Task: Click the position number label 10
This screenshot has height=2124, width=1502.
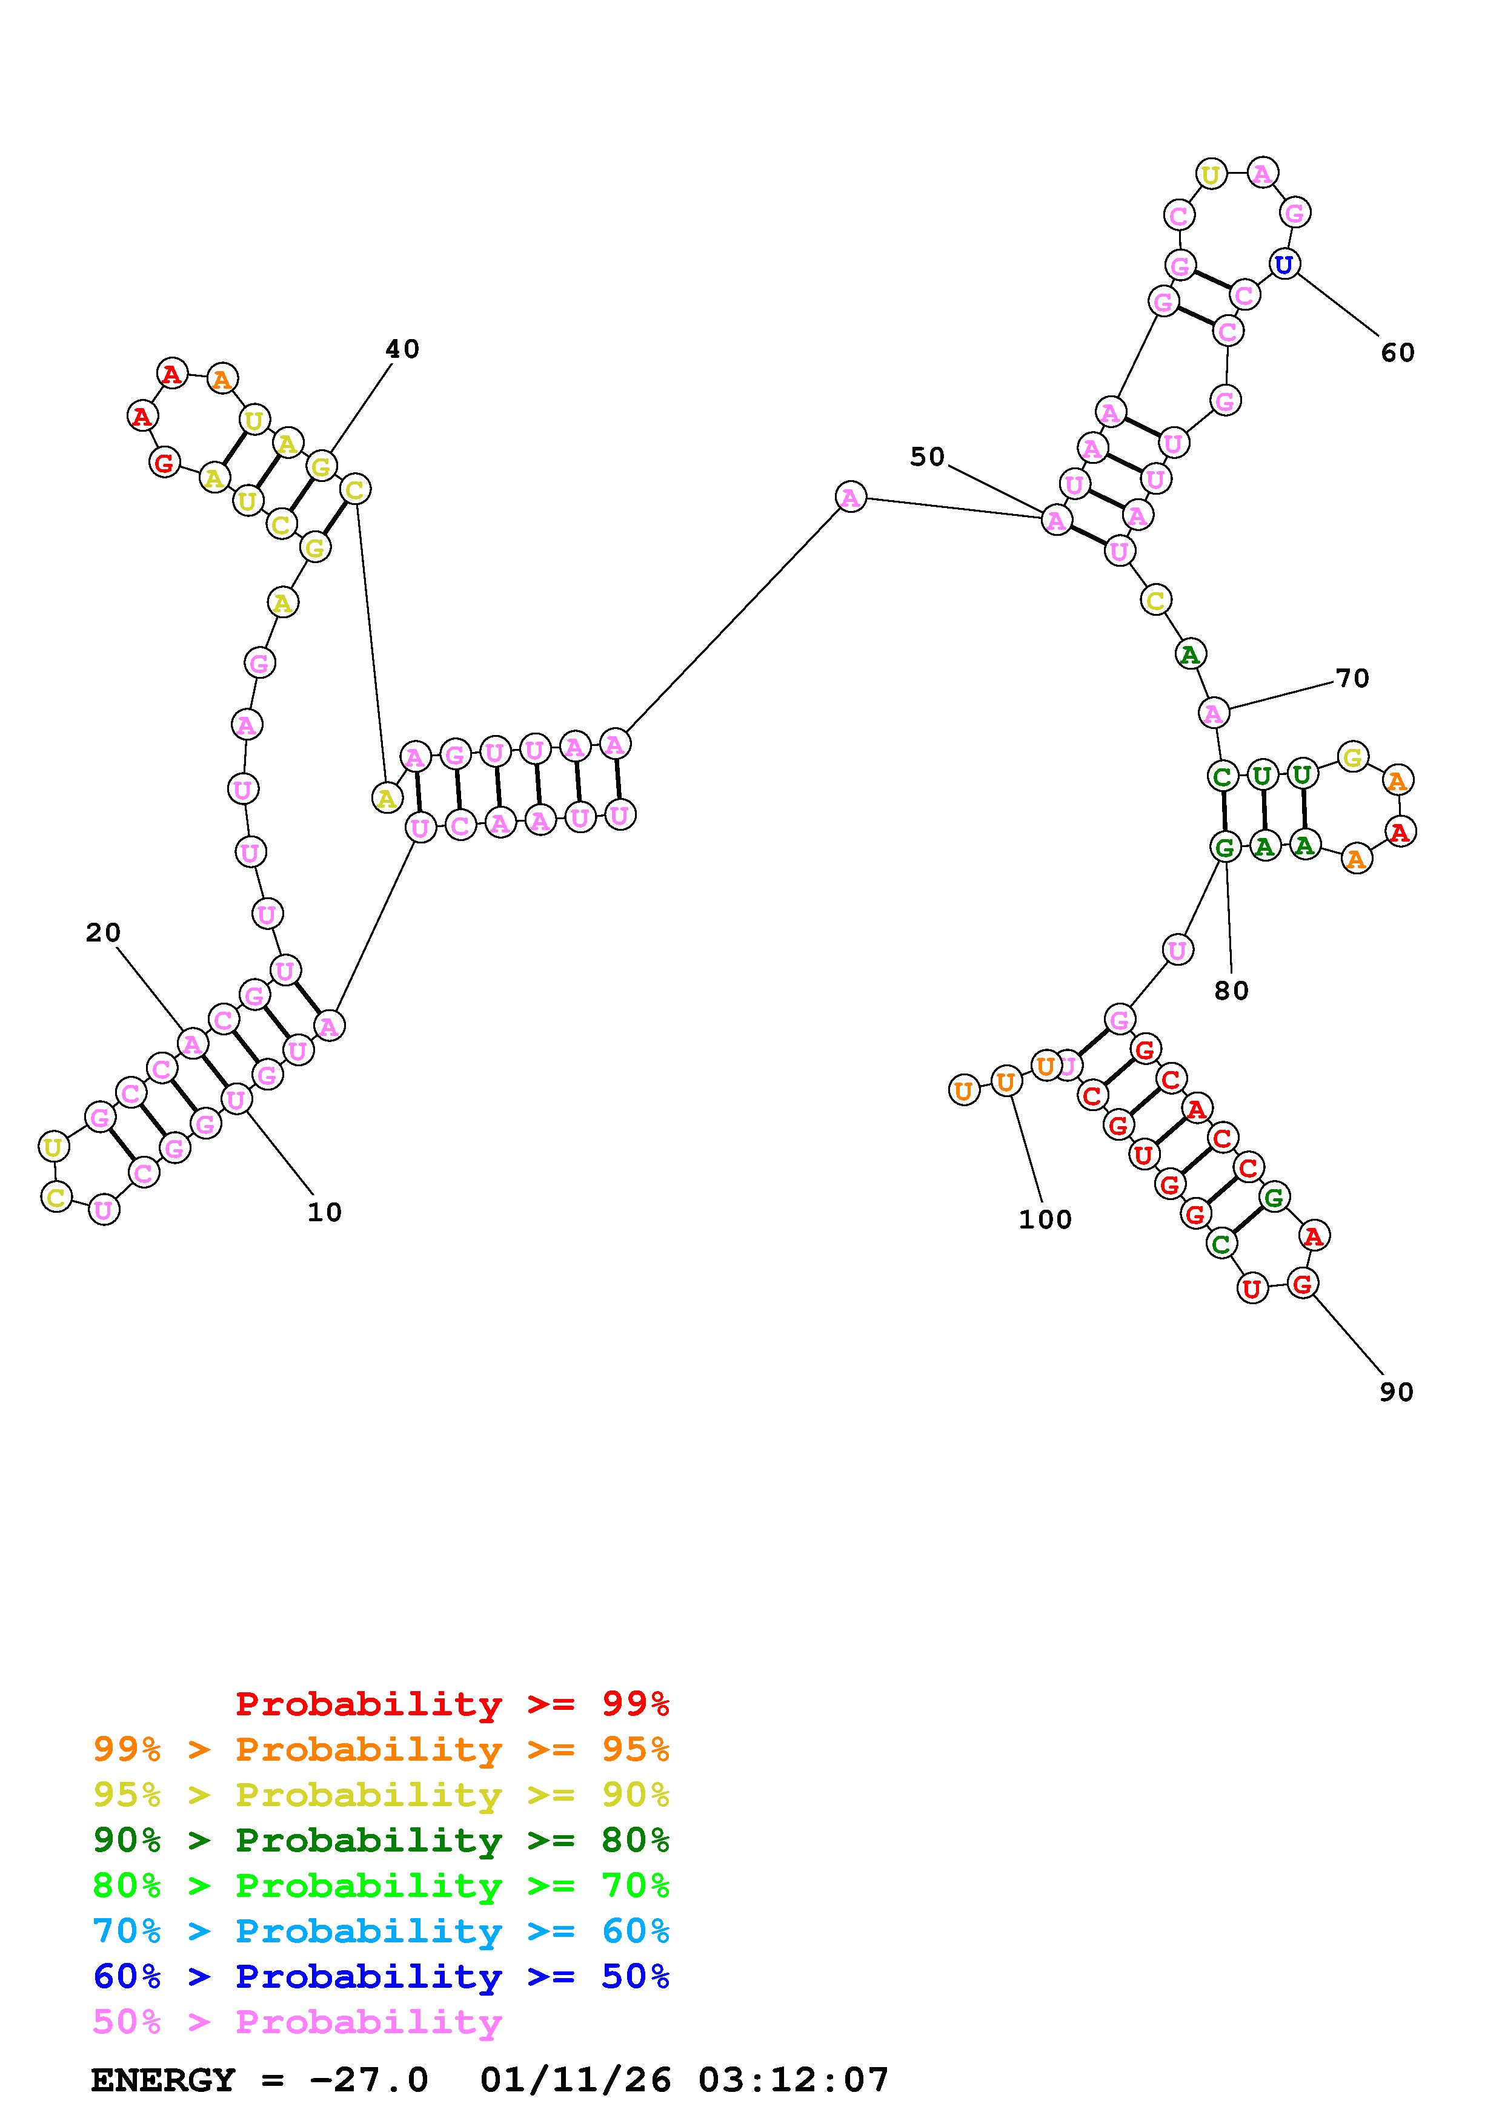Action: [325, 1212]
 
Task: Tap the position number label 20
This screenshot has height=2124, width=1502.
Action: [103, 932]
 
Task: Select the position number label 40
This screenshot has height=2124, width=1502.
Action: [402, 349]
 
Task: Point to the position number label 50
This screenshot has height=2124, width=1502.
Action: [927, 456]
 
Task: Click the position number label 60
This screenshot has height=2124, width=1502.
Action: [1397, 352]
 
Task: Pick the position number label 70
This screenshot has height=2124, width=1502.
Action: [1352, 678]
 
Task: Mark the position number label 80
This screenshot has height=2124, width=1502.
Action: [1231, 991]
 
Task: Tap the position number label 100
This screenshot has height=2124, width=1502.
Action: [1045, 1219]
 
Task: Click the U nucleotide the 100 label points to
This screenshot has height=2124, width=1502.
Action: [1006, 1081]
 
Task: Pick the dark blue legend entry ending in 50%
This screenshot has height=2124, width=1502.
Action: [381, 1976]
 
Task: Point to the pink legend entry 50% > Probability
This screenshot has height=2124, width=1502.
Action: [297, 2021]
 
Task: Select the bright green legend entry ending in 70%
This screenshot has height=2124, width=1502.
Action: [381, 1885]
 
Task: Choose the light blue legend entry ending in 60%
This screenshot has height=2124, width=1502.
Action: [381, 1931]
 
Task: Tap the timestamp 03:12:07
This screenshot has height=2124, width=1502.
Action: [793, 2080]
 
